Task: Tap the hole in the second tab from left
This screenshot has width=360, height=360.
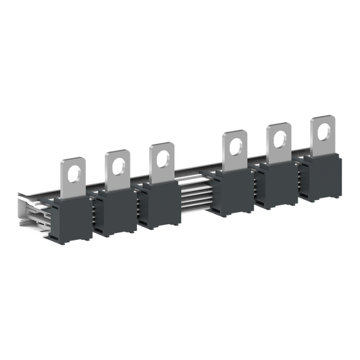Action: click(x=118, y=161)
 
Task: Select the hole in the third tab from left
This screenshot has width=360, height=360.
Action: click(x=161, y=153)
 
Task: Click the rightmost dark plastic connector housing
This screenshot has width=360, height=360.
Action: click(x=320, y=176)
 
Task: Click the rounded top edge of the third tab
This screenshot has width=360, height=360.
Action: click(x=161, y=143)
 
